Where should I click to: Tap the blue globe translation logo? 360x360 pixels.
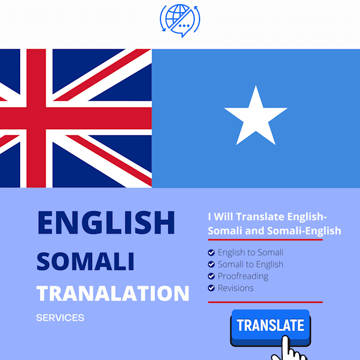[180, 21]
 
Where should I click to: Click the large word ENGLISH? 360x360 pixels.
[106, 223]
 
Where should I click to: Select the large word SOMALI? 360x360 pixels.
[85, 262]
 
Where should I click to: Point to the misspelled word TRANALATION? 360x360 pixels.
[113, 293]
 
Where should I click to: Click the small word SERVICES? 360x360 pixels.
[60, 318]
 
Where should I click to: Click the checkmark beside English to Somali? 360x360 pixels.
[211, 253]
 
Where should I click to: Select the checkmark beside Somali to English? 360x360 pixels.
[211, 264]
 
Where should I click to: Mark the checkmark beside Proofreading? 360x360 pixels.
[211, 276]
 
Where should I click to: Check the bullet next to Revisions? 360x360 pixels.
[211, 289]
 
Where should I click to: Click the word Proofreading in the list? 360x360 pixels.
[243, 276]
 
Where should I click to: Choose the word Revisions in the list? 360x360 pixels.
[236, 289]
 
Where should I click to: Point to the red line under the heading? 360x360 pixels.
[265, 240]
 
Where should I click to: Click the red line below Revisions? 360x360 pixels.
[265, 302]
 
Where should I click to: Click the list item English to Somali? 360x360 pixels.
[250, 253]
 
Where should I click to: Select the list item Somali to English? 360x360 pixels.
[250, 264]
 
